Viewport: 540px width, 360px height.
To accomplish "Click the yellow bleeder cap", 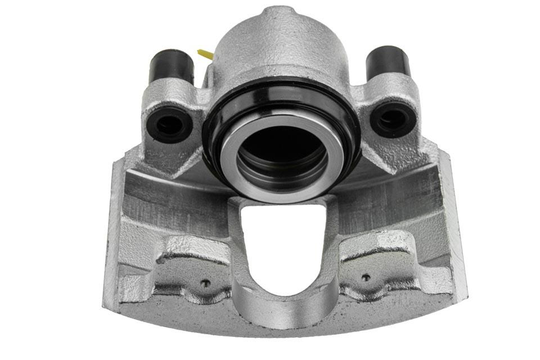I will [205, 55].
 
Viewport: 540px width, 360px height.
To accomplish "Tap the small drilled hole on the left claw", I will [206, 283].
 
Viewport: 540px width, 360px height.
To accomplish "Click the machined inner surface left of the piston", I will [169, 197].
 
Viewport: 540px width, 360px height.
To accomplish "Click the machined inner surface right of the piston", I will [394, 191].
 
